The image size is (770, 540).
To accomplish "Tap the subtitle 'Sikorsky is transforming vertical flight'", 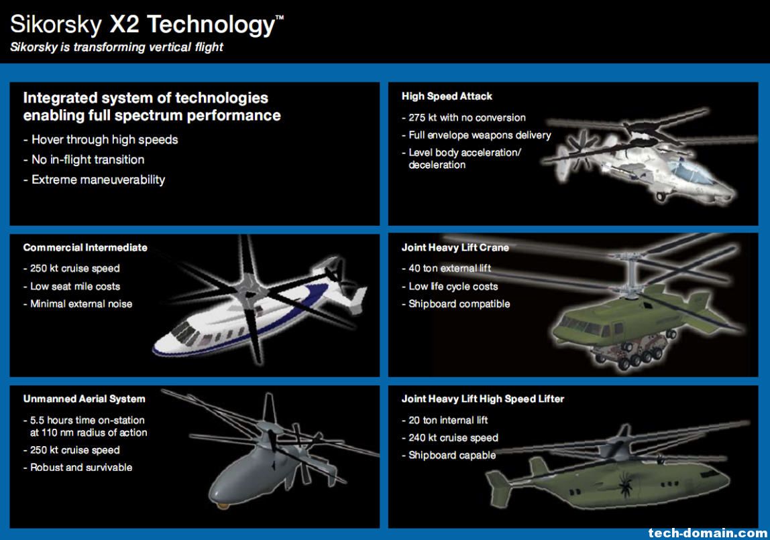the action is tap(117, 47).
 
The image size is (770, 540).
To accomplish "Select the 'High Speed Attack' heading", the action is tap(447, 96).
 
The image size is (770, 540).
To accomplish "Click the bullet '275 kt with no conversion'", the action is tap(463, 118).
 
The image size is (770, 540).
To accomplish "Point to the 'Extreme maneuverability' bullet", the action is tap(95, 180).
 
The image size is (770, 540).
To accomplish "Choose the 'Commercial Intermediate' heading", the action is tap(85, 248).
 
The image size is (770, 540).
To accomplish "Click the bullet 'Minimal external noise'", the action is tap(78, 304).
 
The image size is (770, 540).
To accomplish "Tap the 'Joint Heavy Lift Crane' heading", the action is tap(455, 248).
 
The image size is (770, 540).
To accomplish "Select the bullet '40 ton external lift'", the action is tap(447, 268).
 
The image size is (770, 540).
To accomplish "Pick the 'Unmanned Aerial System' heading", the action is tap(84, 399).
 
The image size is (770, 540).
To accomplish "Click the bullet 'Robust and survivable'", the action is tap(78, 468).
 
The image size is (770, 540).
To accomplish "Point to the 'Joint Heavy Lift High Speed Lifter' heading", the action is tap(483, 399).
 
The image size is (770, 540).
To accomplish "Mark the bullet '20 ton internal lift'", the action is tap(445, 420).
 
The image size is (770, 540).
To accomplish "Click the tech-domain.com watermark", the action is tap(708, 533).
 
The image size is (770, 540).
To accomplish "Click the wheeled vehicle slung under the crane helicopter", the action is tap(633, 350).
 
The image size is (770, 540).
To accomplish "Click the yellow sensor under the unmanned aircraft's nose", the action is tap(221, 505).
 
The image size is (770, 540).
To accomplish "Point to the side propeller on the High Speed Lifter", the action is tap(624, 482).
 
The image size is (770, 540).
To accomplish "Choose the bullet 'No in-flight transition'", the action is tap(84, 160).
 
